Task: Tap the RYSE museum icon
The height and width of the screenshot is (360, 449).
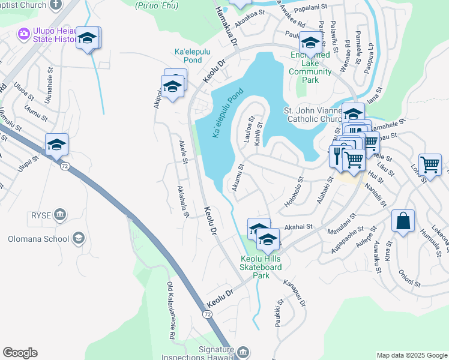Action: tap(59, 215)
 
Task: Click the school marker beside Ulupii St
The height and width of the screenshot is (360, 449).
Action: tap(56, 145)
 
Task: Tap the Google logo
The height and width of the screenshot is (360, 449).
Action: tap(20, 353)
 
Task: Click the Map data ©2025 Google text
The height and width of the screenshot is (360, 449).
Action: tap(412, 355)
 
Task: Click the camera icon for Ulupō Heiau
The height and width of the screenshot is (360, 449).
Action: tap(24, 33)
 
